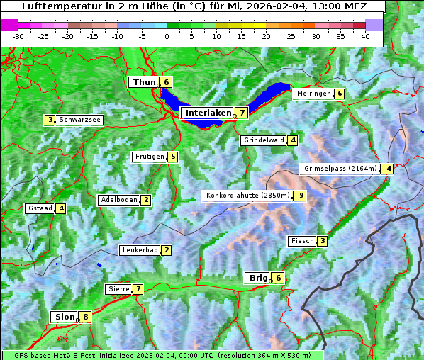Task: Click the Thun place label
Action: [144, 82]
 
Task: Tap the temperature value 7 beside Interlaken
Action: [242, 113]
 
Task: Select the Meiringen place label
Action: [313, 94]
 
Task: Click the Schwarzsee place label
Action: [80, 120]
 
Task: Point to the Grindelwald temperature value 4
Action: [292, 140]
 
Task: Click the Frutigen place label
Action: [150, 157]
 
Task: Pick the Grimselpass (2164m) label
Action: [340, 169]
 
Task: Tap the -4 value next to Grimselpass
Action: [386, 169]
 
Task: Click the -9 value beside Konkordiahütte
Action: [300, 196]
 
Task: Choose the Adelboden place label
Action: [119, 200]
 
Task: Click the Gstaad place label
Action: [40, 208]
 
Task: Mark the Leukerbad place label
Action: [139, 250]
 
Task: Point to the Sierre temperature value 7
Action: [138, 289]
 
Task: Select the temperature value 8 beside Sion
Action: [86, 317]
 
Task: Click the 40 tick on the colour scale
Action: [365, 36]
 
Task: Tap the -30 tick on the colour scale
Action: [18, 36]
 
